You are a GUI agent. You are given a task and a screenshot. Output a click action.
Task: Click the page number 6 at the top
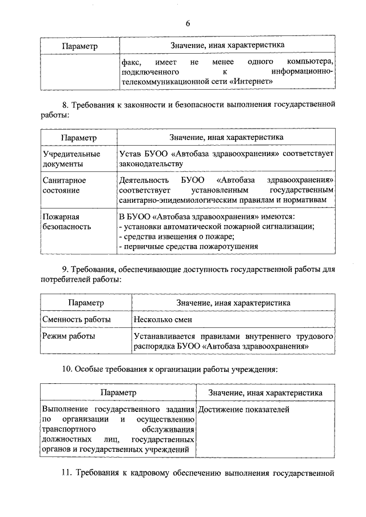coord(187,23)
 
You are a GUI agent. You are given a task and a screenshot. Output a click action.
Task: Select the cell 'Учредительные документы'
coord(71,159)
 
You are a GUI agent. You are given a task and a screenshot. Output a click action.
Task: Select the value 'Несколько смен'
coord(163,319)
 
